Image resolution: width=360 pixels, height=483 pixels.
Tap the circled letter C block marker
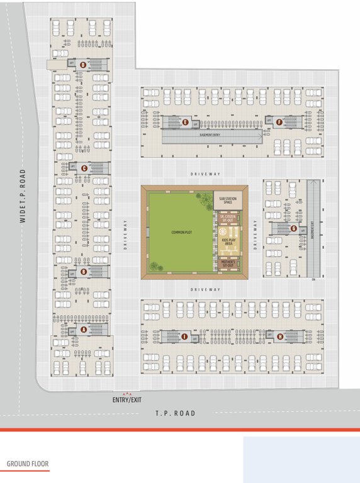click(83, 167)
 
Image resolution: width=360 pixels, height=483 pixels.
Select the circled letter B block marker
click(84, 272)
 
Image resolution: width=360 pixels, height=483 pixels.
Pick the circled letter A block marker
click(84, 329)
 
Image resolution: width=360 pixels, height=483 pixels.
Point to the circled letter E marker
click(185, 123)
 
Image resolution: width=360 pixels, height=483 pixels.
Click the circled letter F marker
click(279, 122)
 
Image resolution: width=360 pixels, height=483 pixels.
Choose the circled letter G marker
click(293, 228)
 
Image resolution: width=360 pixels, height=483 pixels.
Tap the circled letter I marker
click(184, 337)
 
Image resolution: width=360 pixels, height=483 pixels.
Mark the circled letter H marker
click(279, 336)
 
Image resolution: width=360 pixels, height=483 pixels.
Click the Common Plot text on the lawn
click(181, 233)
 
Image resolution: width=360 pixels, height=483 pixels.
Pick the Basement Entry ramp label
click(210, 135)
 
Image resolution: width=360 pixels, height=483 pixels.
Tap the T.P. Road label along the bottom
click(176, 413)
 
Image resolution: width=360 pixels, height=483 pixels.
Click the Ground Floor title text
click(28, 465)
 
